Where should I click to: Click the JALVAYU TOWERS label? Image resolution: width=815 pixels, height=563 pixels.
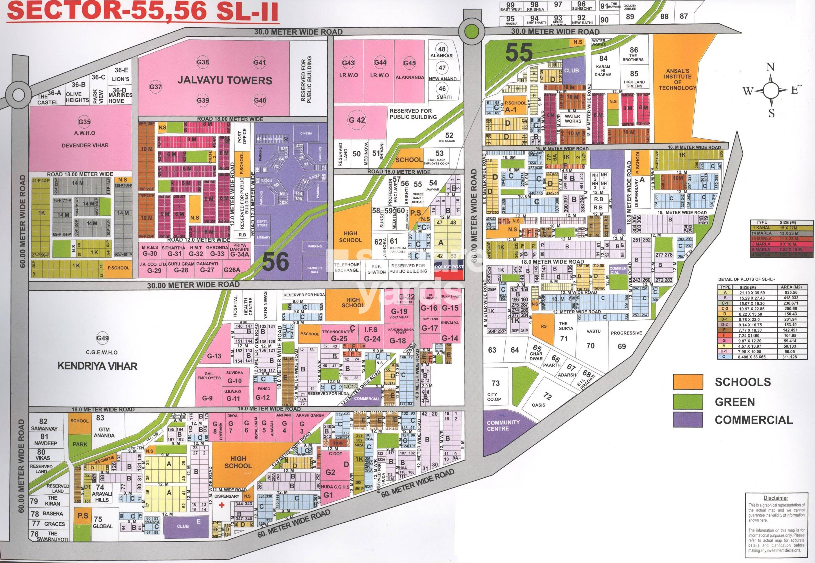point(225,80)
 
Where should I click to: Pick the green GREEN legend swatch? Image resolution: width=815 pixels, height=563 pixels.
point(687,401)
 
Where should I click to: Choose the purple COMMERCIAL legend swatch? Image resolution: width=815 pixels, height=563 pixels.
point(687,420)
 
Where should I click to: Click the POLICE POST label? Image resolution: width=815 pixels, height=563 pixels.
point(449,267)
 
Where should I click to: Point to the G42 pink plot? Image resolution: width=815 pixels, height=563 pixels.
point(357,120)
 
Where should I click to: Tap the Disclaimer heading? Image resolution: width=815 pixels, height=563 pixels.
point(776,498)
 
